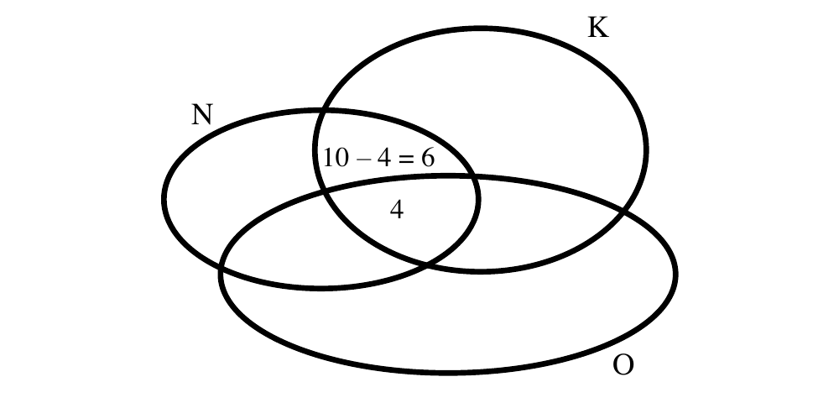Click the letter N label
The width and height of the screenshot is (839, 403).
202,114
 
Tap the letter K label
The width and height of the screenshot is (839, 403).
598,28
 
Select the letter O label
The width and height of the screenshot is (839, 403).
623,365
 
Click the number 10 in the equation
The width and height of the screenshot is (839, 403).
336,158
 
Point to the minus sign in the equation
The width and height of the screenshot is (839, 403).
362,159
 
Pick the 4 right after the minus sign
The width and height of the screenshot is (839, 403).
383,158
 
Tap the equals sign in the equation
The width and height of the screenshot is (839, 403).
406,159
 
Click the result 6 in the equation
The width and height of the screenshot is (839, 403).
428,158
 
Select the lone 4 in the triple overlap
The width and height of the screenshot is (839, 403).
397,210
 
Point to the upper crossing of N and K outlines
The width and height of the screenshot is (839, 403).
321,112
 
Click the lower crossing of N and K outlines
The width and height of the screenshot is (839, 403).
426,263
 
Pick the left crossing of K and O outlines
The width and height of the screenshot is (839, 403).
324,192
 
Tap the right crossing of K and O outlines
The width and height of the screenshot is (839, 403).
623,212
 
